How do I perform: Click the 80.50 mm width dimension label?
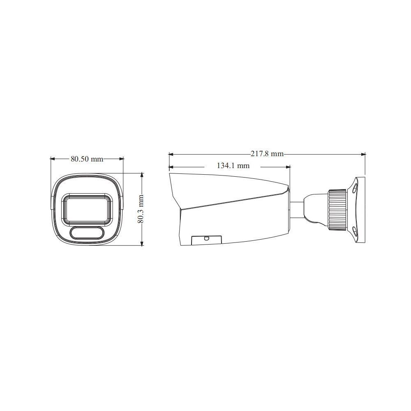coord(87,159)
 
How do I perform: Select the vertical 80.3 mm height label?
coord(141,209)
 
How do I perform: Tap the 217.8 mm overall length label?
coord(267,154)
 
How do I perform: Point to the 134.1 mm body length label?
coord(233,166)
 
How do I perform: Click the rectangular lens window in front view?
coord(87,209)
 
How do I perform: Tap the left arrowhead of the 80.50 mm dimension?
coord(52,158)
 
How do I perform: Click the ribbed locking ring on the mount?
coord(337,210)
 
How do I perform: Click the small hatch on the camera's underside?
coord(206,240)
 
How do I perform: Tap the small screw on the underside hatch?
coord(207,238)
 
